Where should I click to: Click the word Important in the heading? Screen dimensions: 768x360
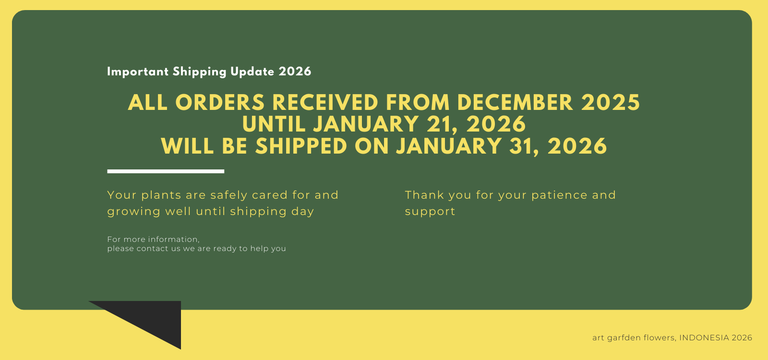(138, 72)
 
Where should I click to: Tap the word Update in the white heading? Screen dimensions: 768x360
(252, 72)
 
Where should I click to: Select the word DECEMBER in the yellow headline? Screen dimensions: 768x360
(515, 103)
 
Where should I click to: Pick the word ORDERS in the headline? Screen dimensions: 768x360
(220, 103)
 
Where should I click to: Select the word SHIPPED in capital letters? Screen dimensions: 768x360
(301, 146)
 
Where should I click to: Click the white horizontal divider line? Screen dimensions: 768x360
(166, 171)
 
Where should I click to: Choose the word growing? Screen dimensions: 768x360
(133, 212)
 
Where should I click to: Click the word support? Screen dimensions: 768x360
(430, 212)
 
